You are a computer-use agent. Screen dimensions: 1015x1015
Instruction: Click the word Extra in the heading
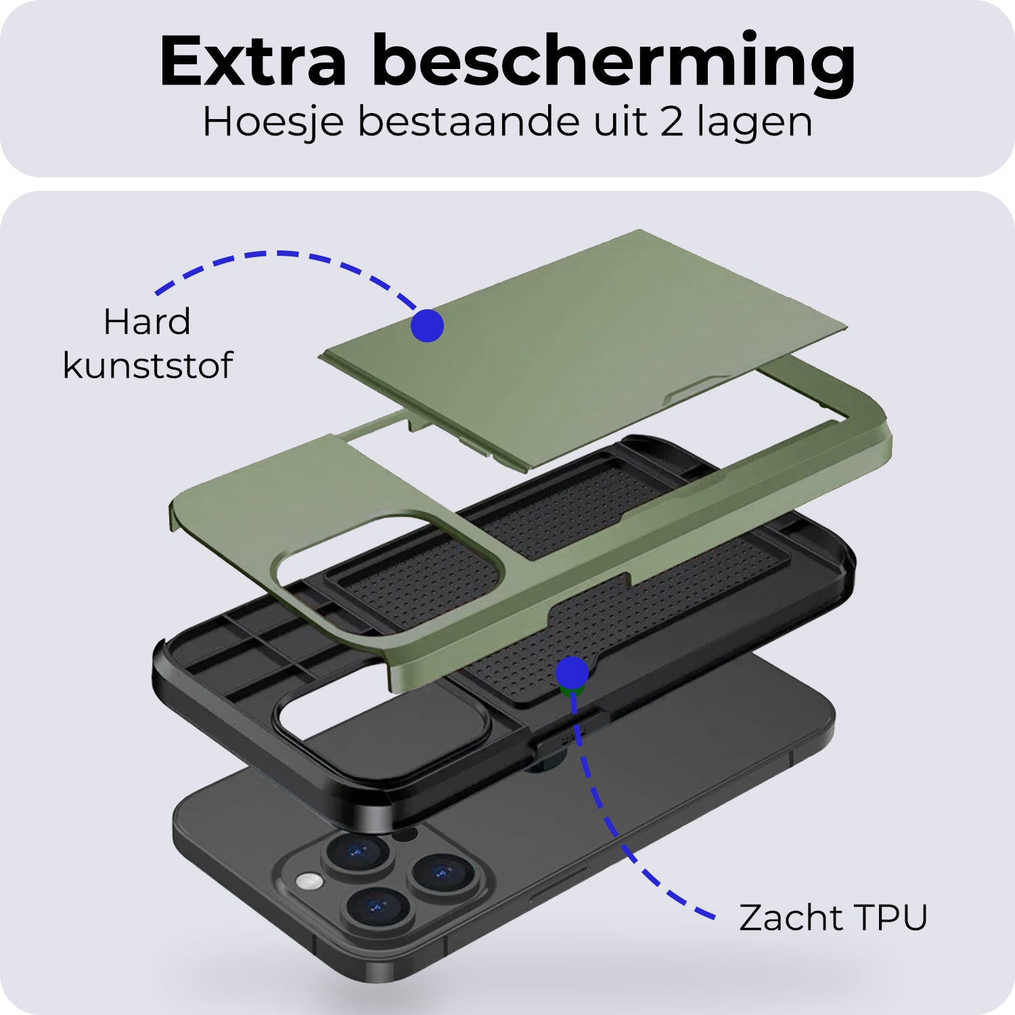pyautogui.click(x=253, y=61)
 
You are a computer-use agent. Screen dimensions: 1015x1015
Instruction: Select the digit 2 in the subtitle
pyautogui.click(x=671, y=122)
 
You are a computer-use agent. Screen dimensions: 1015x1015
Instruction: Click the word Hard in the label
pyautogui.click(x=147, y=321)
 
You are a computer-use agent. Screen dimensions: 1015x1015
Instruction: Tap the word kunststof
pyautogui.click(x=148, y=365)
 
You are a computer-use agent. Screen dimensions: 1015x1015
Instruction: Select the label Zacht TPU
pyautogui.click(x=833, y=918)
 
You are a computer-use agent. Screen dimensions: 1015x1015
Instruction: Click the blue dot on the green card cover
pyautogui.click(x=427, y=325)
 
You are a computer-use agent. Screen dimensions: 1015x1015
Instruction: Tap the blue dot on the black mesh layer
pyautogui.click(x=572, y=673)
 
